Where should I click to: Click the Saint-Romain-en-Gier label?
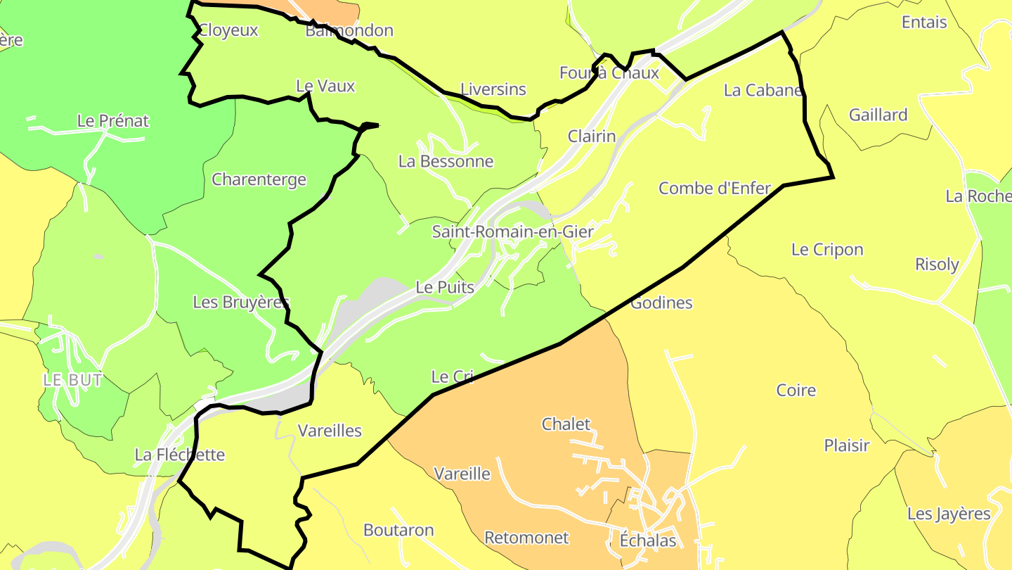point(512,232)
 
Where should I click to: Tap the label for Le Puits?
point(445,287)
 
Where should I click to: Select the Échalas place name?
point(647,540)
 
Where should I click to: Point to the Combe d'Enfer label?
point(715,188)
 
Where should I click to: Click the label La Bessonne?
point(446,161)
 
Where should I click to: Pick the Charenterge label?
point(259,179)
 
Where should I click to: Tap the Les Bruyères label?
point(241,303)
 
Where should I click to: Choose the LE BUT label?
point(72,380)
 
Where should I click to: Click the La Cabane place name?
point(763,90)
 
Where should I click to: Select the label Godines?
point(661,303)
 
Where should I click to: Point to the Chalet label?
point(566,424)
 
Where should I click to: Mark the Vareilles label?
point(330,431)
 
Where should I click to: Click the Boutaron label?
point(398,530)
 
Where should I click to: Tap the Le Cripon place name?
point(826,250)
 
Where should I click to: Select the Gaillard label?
point(878,115)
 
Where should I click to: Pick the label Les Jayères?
point(948,514)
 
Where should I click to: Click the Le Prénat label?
point(112,121)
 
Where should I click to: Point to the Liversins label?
point(493,89)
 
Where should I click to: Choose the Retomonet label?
point(526,538)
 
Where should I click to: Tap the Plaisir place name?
point(846,445)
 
